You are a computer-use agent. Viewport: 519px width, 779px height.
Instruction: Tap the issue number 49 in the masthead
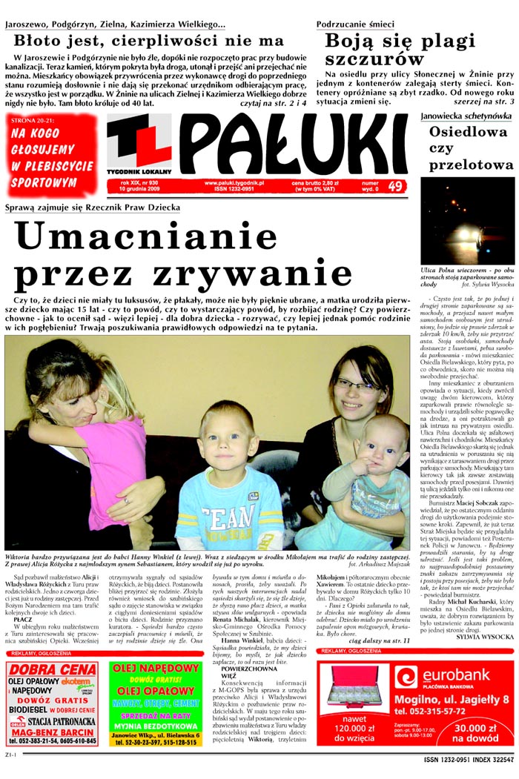395,186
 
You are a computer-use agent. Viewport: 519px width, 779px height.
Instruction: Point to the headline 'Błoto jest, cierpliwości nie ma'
148,40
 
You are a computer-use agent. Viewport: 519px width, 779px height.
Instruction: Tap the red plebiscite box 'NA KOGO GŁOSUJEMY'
51,157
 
